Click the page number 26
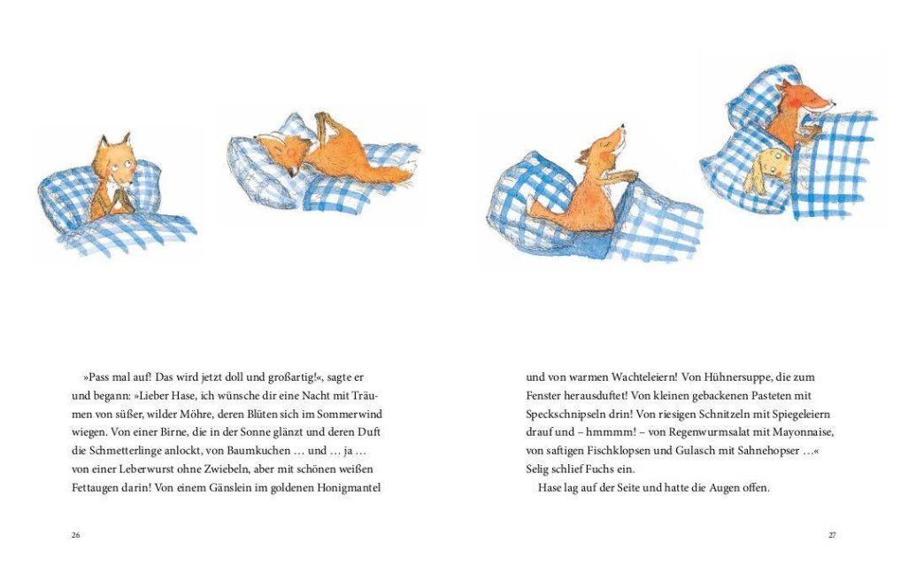75,535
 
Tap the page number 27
832,535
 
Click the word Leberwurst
135,469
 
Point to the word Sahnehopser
764,451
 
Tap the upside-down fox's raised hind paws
323,122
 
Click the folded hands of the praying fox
122,199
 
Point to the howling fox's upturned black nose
623,126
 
